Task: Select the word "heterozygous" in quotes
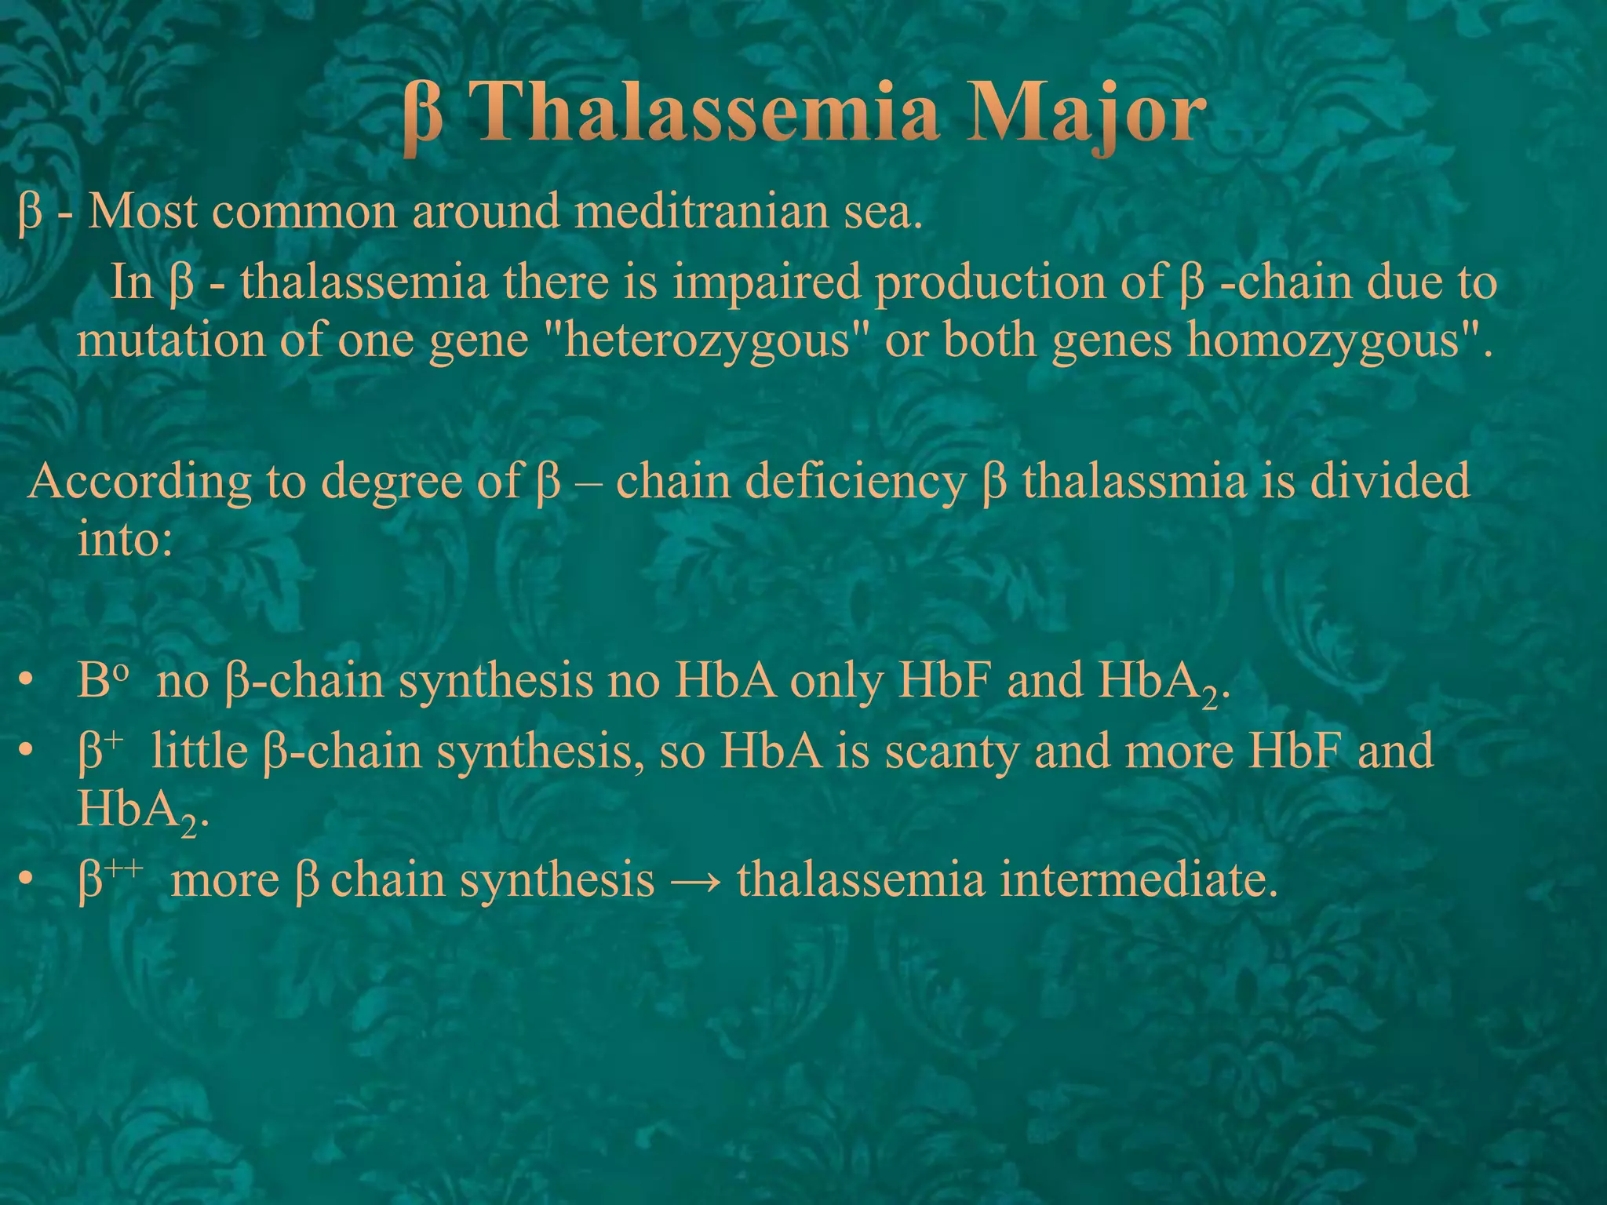705,341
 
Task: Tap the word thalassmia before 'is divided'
1133,481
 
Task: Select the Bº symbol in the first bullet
101,680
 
